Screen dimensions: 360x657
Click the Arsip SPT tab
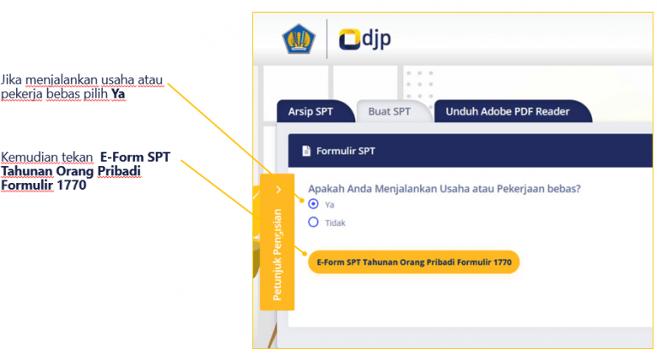(310, 111)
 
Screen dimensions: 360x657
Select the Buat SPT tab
(389, 111)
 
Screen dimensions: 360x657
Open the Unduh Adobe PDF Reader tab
(506, 111)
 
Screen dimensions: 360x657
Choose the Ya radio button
(313, 204)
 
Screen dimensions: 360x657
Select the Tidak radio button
(313, 222)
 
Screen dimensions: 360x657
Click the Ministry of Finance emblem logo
(299, 39)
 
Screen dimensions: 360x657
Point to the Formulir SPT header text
(345, 151)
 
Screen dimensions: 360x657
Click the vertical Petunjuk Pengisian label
(277, 254)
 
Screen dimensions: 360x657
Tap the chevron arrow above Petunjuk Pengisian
(278, 189)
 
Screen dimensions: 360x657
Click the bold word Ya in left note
(118, 93)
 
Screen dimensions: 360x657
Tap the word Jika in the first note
(11, 80)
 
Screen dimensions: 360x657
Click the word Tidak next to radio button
(335, 223)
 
